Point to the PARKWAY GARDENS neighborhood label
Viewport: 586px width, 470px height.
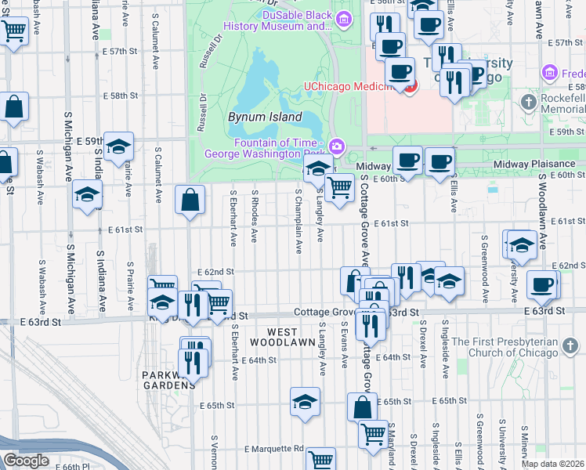[x=168, y=380]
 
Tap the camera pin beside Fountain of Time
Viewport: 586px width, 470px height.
[x=338, y=145]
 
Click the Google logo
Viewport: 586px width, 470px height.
[x=26, y=461]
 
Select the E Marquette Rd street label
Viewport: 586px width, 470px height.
[x=273, y=449]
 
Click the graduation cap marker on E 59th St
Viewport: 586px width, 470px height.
[x=118, y=147]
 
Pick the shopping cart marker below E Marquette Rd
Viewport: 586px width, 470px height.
[x=320, y=459]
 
